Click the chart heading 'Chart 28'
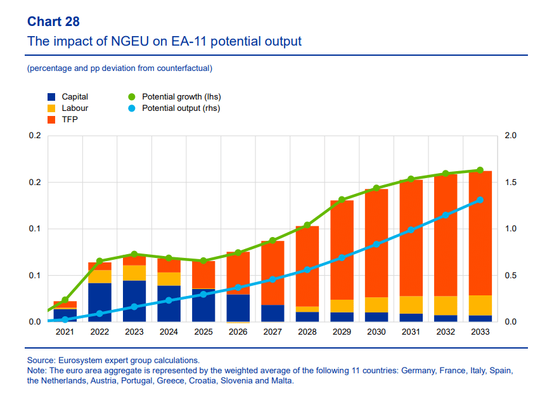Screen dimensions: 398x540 [x=53, y=22]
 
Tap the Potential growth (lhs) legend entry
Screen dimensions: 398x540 [x=174, y=97]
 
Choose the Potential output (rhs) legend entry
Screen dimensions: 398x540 [x=174, y=108]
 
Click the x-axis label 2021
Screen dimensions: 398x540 [x=65, y=332]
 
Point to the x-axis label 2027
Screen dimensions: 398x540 [x=273, y=332]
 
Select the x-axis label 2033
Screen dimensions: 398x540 [x=480, y=332]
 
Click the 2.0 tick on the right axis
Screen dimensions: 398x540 [x=510, y=136]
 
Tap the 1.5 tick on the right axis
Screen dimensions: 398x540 [x=510, y=183]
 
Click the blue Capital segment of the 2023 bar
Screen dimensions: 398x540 [x=134, y=301]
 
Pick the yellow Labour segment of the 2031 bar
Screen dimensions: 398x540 [x=411, y=305]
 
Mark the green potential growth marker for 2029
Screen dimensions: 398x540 [x=342, y=200]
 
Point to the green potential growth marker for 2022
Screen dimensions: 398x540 [x=100, y=261]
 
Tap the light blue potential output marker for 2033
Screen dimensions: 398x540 [x=480, y=200]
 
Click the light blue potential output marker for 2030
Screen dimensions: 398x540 [x=376, y=244]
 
